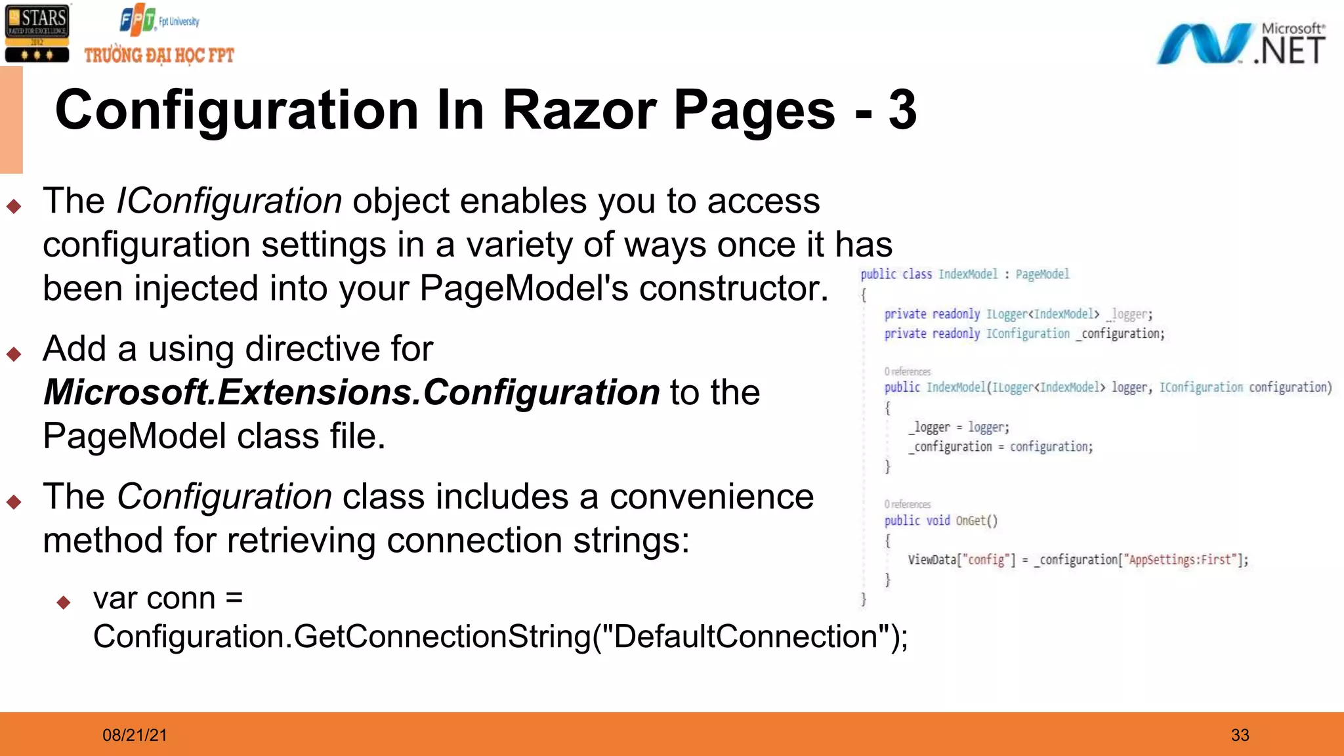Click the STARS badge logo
tap(37, 33)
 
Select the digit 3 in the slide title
tap(902, 110)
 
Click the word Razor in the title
tap(579, 110)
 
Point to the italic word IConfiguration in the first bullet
tap(229, 201)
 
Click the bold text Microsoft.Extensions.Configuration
tap(351, 392)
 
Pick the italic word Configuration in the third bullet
tap(224, 496)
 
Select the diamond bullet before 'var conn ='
tap(64, 602)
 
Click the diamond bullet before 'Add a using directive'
tap(14, 354)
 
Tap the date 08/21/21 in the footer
tap(135, 735)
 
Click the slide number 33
tap(1240, 735)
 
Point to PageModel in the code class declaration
tap(1042, 274)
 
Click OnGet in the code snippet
tap(971, 520)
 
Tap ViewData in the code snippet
tap(932, 560)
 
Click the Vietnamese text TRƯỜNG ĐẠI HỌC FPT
tap(159, 55)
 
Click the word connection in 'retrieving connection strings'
tap(474, 541)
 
